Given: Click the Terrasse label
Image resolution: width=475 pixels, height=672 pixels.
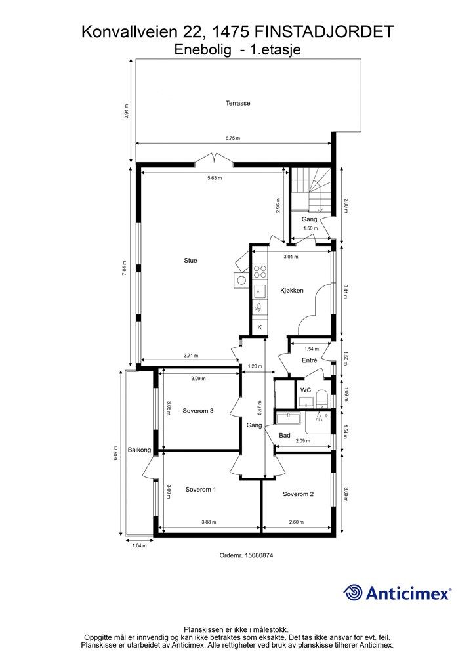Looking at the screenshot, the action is (237, 103).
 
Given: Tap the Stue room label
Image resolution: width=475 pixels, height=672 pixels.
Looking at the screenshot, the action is (190, 260).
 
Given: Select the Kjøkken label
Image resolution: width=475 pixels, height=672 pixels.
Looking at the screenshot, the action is (292, 291).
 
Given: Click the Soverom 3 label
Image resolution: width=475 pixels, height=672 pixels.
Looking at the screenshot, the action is (198, 411).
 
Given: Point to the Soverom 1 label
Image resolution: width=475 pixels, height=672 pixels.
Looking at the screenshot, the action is (201, 489).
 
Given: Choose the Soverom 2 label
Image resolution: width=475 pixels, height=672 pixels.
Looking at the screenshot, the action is (298, 494).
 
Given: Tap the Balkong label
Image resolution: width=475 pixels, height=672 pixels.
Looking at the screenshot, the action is (139, 450).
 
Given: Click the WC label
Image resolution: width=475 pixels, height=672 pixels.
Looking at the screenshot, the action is (306, 390).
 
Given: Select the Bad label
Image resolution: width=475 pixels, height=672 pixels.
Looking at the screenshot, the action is (284, 436).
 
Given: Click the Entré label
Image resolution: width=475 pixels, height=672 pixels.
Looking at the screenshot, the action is (309, 360).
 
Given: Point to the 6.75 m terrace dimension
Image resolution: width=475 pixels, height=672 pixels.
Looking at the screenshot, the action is (232, 138).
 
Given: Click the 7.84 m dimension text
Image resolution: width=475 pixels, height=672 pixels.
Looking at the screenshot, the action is (125, 268).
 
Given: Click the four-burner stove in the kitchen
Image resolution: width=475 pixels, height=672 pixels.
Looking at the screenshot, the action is (260, 272).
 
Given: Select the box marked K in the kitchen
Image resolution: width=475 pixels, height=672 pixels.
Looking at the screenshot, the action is (260, 327).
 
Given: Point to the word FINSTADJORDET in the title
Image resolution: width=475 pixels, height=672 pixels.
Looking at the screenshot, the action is (324, 32).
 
